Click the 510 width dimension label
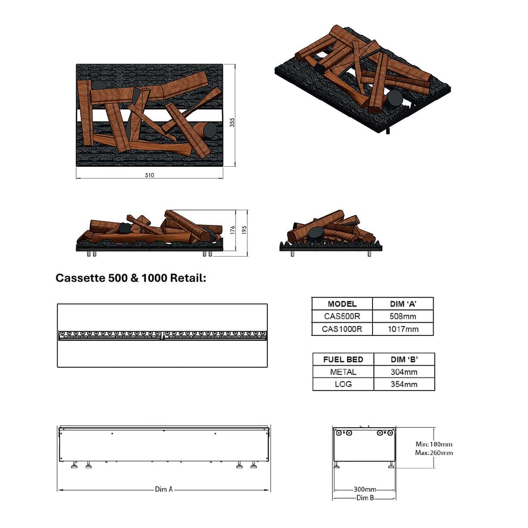coord(150,176)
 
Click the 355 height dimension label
coord(233,122)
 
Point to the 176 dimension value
coord(233,230)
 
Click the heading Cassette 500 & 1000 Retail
coord(131,278)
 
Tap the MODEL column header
coord(342,304)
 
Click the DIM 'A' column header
coord(403,304)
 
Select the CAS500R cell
coord(342,316)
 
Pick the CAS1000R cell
coord(342,329)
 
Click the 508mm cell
coord(403,316)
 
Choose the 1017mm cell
coord(403,329)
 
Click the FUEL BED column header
coord(343,359)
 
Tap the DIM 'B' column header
coord(404,359)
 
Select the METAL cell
coord(343,372)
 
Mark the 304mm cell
coord(404,372)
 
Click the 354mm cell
coord(404,384)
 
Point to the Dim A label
coord(164,489)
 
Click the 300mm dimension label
coord(365,489)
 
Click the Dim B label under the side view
coord(365,498)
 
